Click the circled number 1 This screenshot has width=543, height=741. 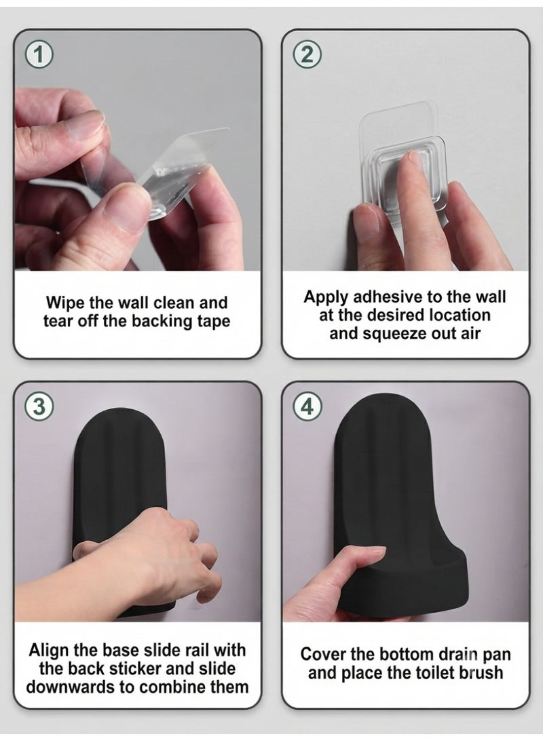tap(39, 55)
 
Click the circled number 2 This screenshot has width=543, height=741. tap(307, 55)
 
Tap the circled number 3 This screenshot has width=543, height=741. tap(39, 406)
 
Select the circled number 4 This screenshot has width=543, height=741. tap(307, 406)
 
